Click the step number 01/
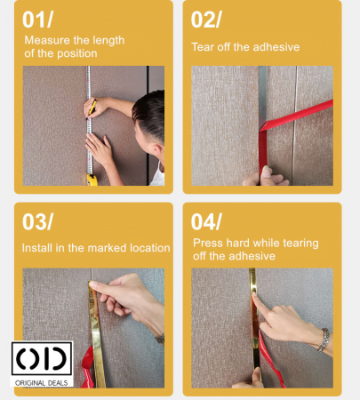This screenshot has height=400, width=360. point(37,20)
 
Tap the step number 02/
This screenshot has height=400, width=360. point(206,20)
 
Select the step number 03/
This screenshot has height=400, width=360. point(37,221)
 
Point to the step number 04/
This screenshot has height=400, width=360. point(206,221)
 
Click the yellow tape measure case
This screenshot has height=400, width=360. point(92,180)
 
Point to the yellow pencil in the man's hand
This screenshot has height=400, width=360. point(92,108)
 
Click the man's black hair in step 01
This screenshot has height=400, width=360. point(150,114)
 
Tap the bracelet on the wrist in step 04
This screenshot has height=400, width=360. point(324,340)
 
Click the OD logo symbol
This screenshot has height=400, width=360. point(42,358)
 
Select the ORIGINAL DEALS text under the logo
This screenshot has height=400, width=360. point(42,383)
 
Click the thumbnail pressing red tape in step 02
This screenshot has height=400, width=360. point(266,172)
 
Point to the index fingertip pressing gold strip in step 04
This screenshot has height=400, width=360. point(255,295)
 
